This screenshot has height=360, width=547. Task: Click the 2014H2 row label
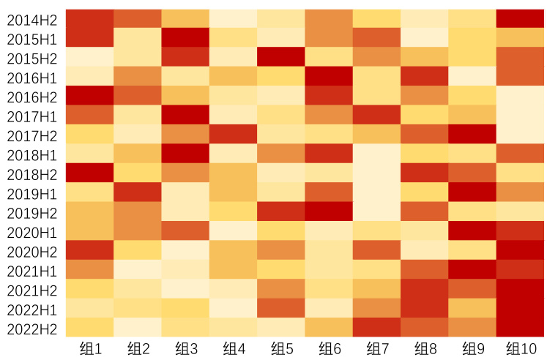click(32, 19)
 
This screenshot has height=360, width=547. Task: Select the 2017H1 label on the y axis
click(32, 116)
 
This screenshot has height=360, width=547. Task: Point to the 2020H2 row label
click(32, 251)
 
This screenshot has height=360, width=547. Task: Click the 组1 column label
click(89, 348)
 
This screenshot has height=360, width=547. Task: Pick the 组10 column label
click(521, 348)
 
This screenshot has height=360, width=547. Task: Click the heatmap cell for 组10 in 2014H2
click(521, 19)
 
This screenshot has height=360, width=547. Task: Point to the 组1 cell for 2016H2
click(89, 96)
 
